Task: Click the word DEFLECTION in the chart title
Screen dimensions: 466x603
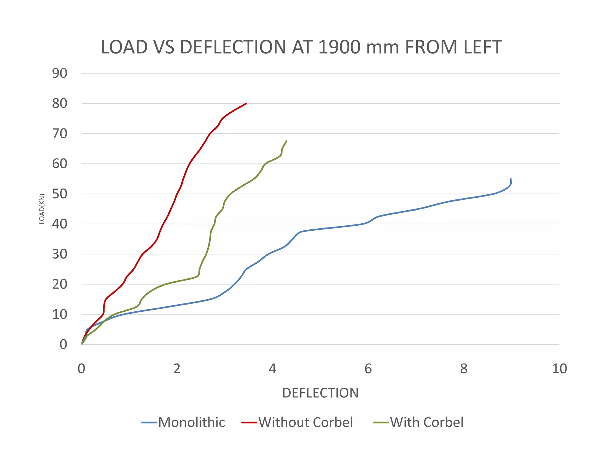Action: point(233,47)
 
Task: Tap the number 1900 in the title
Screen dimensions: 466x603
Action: point(339,47)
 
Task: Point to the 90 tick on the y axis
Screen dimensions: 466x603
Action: point(60,73)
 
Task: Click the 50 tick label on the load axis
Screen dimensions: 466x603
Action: point(60,194)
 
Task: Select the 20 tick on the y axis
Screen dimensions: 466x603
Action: point(60,284)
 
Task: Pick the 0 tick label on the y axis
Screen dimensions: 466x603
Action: point(63,344)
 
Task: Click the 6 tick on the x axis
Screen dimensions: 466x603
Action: point(368,369)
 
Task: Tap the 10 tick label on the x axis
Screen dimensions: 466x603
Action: point(559,369)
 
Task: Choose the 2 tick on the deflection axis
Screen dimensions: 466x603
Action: point(177,369)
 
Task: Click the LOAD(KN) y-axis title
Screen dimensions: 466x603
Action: point(42,209)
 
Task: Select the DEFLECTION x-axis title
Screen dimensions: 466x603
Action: point(320,393)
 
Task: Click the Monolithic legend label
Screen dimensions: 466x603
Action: point(191,422)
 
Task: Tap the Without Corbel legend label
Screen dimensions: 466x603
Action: point(306,422)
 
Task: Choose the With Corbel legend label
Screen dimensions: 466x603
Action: point(427,422)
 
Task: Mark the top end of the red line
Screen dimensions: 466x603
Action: point(246,103)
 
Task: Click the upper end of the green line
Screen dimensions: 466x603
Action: point(286,141)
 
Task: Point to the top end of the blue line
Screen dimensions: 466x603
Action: point(511,179)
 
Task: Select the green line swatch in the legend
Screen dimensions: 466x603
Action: point(381,423)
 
